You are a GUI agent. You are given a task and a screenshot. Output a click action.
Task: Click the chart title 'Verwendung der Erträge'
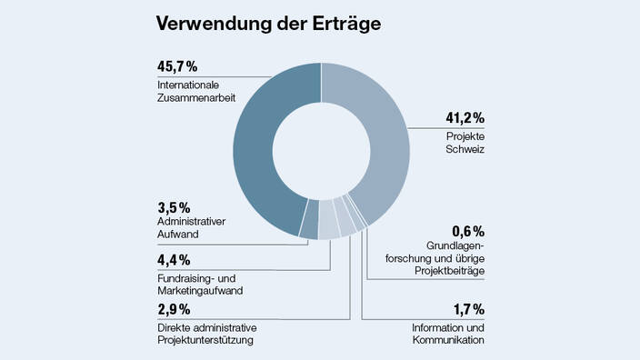[267, 24]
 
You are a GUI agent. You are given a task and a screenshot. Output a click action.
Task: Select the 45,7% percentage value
[176, 67]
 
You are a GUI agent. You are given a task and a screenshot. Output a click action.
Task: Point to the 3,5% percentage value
[175, 207]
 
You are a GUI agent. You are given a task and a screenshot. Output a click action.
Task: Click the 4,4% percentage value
[175, 259]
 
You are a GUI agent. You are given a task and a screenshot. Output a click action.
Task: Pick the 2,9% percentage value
[175, 310]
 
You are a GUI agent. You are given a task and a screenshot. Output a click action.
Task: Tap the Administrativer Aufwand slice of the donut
[309, 230]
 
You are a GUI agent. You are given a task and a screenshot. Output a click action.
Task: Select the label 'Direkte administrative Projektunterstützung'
[205, 334]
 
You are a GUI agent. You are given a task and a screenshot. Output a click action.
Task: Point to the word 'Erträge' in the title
[341, 24]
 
